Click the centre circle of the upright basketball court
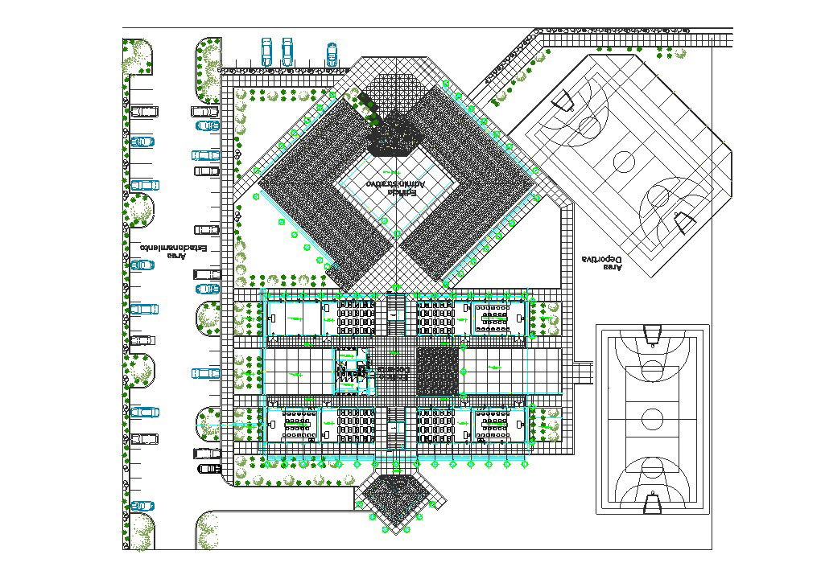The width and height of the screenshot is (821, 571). tap(653, 418)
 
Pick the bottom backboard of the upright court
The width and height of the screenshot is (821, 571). tap(653, 504)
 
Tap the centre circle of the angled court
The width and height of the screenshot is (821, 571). tap(625, 162)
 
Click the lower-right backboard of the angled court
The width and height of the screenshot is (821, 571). tap(683, 221)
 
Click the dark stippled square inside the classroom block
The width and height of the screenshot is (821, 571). tap(438, 372)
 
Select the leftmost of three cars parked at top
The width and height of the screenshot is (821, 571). tap(267, 51)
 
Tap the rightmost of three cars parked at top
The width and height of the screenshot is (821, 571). tap(331, 53)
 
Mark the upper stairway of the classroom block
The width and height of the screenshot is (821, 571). tap(395, 315)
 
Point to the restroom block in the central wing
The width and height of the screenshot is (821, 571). tap(350, 371)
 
